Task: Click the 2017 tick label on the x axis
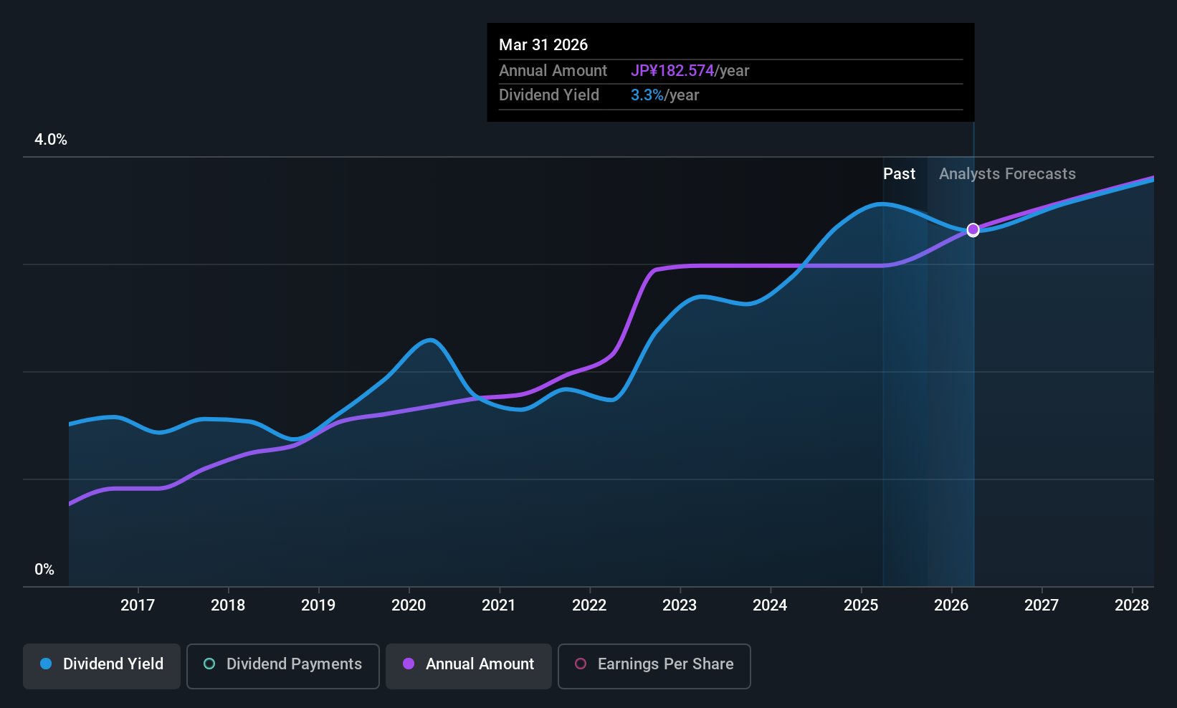coord(138,606)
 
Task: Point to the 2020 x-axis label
coord(409,606)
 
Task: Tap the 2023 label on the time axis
coord(680,606)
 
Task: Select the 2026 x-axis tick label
coord(951,606)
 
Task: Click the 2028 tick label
coord(1132,606)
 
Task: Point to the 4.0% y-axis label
coord(51,140)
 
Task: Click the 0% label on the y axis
coord(44,570)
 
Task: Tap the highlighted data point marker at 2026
coord(973,230)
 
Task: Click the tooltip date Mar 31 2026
coord(543,45)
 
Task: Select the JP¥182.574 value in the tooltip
coord(672,71)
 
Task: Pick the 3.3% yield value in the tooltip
coord(647,95)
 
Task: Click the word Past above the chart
coord(899,174)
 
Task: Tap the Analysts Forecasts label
coord(1007,174)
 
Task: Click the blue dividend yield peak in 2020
coord(429,340)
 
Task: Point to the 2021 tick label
coord(499,606)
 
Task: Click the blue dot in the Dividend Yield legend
coord(46,664)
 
